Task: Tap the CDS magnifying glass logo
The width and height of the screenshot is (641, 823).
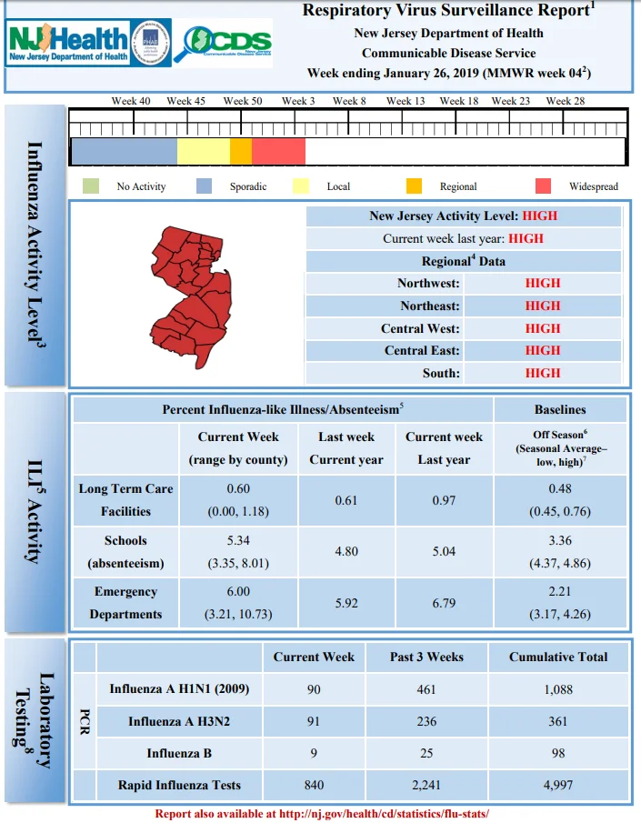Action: point(223,43)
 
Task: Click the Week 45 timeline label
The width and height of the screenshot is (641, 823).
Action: point(185,101)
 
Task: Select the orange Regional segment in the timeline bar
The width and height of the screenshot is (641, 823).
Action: point(241,151)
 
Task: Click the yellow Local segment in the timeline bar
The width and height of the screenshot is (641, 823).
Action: point(204,151)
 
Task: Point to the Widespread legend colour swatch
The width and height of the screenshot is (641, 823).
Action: point(543,186)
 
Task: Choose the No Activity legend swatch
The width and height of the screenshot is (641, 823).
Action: point(91,186)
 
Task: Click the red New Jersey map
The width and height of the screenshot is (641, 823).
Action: point(191,297)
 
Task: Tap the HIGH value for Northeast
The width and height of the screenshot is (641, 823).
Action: point(543,306)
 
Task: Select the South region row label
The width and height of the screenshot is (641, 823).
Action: point(441,373)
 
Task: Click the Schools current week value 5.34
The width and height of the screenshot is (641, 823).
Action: point(238,540)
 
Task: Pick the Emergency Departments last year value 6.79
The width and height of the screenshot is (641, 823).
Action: point(444,603)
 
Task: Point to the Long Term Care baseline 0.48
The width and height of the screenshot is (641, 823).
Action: point(560,488)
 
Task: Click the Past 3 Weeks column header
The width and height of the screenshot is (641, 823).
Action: point(426,657)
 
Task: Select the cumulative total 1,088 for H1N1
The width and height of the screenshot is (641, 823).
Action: point(558,689)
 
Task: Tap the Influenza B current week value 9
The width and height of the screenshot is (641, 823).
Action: point(314,753)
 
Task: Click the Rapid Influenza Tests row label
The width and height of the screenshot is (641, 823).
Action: point(179,785)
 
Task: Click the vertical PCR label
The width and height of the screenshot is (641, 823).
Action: point(85,722)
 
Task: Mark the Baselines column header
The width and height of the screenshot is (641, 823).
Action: point(560,409)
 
